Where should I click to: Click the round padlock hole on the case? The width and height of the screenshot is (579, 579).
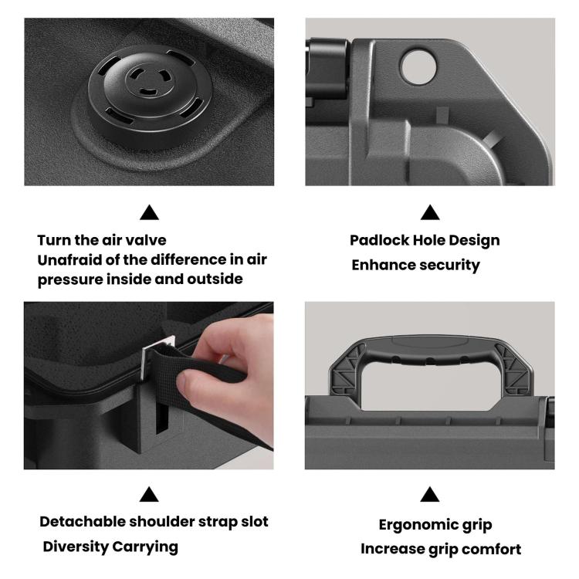[418, 67]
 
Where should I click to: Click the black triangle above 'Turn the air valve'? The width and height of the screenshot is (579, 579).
[149, 212]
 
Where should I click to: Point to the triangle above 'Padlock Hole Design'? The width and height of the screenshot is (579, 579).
[430, 212]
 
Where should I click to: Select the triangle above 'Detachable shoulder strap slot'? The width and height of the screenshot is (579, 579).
[149, 494]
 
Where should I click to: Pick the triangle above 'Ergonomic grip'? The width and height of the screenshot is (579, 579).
[430, 494]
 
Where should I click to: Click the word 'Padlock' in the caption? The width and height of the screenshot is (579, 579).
[379, 240]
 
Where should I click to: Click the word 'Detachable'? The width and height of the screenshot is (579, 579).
[83, 521]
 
